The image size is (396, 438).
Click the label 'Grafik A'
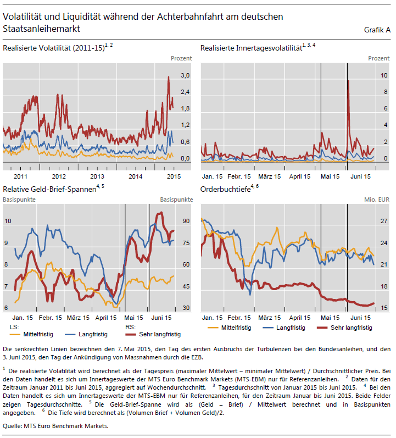(x=377, y=29)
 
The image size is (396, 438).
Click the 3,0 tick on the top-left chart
(x=185, y=75)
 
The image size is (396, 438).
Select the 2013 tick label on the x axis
(x=97, y=176)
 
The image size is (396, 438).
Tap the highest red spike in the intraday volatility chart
(x=348, y=81)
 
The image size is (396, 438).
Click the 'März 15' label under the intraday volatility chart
(x=269, y=176)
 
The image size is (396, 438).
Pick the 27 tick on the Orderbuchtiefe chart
(x=369, y=221)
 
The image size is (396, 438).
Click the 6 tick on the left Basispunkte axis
(x=7, y=308)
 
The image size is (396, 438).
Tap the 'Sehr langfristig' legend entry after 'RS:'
(x=160, y=334)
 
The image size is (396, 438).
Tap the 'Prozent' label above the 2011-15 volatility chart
(x=181, y=58)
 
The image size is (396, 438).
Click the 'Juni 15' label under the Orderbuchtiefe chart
(x=360, y=318)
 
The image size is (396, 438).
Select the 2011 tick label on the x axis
(x=20, y=176)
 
